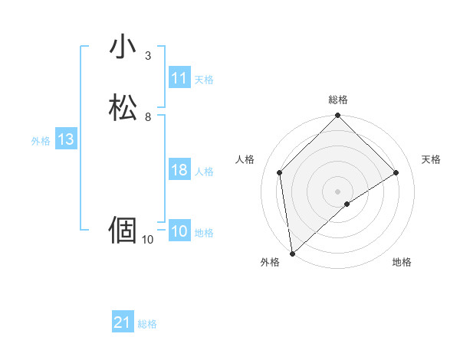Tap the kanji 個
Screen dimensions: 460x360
(x=123, y=230)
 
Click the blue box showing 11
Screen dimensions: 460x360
(x=179, y=78)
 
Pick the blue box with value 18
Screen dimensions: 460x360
(x=179, y=170)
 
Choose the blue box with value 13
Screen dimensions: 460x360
(x=66, y=139)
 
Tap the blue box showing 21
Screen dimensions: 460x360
(x=123, y=323)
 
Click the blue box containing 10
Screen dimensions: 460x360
(x=179, y=231)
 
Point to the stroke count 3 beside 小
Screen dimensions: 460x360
(x=148, y=56)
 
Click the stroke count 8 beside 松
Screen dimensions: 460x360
(x=148, y=117)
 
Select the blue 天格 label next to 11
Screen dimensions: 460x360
(x=204, y=79)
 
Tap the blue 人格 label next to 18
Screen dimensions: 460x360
(x=204, y=171)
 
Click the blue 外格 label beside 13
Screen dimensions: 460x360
(x=41, y=140)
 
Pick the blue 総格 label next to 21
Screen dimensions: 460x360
(x=147, y=324)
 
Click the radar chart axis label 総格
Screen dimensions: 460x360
(x=338, y=100)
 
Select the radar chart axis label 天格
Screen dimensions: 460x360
(x=431, y=159)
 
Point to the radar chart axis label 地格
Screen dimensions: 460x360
(x=402, y=262)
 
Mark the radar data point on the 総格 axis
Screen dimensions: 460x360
(x=338, y=116)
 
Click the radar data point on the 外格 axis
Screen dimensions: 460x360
(x=292, y=254)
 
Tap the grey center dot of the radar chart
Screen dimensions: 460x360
(x=338, y=191)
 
